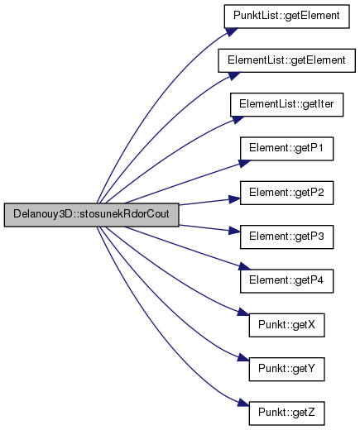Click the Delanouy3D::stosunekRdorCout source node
click(91, 215)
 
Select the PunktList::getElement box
click(286, 17)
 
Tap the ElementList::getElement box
click(286, 60)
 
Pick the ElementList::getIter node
click(286, 105)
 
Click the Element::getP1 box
click(286, 149)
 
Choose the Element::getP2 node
click(286, 193)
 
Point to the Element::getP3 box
click(286, 237)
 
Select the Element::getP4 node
click(286, 281)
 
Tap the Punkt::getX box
click(286, 325)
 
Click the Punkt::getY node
click(286, 370)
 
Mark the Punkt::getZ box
click(286, 413)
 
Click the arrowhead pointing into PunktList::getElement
click(231, 31)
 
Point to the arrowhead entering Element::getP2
click(235, 199)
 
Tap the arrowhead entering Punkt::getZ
click(243, 404)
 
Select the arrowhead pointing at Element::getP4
click(244, 267)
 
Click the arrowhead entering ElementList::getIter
click(238, 120)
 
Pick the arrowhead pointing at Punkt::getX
click(243, 312)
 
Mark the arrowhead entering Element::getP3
click(235, 231)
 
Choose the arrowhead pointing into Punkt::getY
click(243, 357)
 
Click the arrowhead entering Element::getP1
click(244, 164)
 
